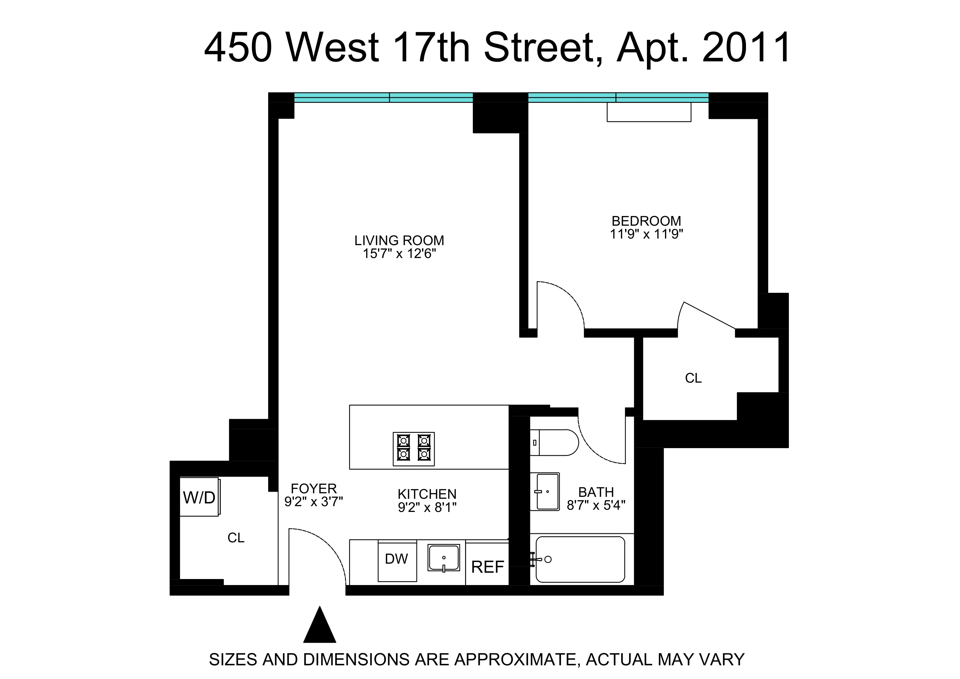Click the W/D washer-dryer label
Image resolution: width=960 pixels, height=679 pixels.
click(x=199, y=497)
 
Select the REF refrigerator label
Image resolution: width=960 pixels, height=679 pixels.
click(x=488, y=567)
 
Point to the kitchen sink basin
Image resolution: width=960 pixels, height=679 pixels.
click(x=444, y=558)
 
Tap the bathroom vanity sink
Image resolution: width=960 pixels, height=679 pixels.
click(x=545, y=492)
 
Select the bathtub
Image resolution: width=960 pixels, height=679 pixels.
click(x=580, y=559)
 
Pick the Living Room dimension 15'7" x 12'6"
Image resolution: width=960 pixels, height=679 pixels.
click(x=399, y=254)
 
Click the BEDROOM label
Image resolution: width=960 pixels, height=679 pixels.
click(x=646, y=220)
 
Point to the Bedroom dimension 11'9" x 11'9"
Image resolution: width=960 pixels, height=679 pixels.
click(x=646, y=234)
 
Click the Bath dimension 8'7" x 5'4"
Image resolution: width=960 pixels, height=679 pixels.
click(x=596, y=505)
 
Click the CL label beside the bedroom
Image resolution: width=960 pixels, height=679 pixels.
click(x=693, y=378)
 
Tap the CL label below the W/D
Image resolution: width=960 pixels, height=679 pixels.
click(x=236, y=538)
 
